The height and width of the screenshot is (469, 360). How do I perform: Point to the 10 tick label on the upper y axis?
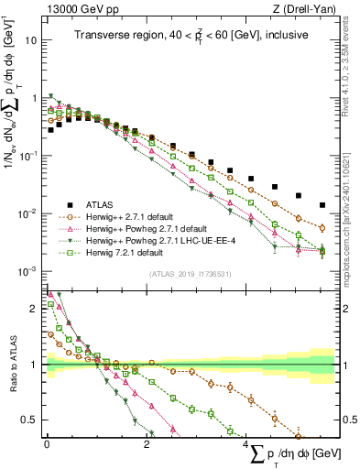pyautogui.click(x=31, y=41)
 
